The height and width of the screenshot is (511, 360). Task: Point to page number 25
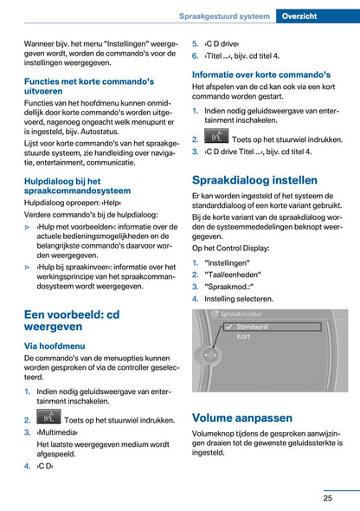[x=328, y=497]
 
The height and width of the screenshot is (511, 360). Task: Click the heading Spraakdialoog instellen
[x=254, y=181]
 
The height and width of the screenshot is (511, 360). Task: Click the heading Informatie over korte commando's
[x=260, y=74]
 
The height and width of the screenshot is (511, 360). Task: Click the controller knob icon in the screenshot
[x=206, y=354]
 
